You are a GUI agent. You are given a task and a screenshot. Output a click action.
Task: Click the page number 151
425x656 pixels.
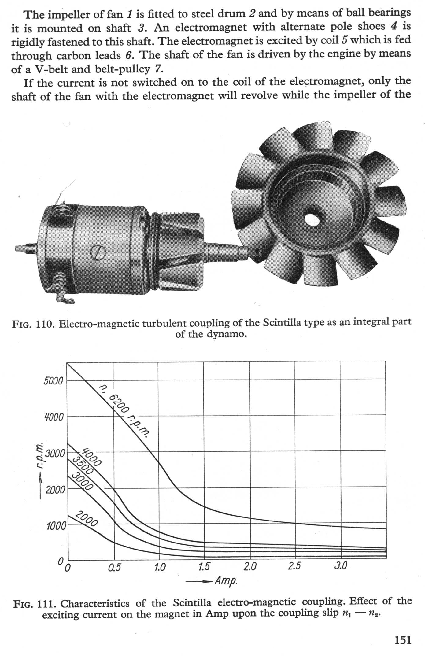(x=403, y=640)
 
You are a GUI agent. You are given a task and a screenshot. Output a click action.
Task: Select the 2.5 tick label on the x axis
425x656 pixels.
(x=294, y=566)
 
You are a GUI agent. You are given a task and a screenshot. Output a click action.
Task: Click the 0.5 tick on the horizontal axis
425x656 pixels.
(x=114, y=568)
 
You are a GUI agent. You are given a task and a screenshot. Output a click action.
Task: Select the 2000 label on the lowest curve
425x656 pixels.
(x=87, y=519)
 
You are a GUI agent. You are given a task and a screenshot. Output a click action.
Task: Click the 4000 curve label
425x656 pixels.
(x=91, y=457)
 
